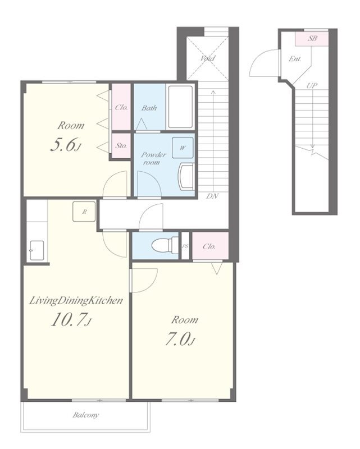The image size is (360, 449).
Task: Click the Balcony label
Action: pos(85,415)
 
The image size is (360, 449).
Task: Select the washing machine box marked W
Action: pos(183,148)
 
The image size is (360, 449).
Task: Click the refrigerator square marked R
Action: pos(84,212)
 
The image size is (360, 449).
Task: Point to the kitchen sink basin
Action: pos(37,250)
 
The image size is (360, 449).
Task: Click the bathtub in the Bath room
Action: pos(180,107)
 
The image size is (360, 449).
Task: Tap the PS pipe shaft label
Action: pos(185,246)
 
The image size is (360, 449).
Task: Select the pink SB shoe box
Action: pos(312,38)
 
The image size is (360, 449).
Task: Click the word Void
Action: pos(207,58)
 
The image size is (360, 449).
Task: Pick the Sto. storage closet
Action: pos(121,145)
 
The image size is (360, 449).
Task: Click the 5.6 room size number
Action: pos(65,144)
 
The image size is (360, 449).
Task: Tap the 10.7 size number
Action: pos(71,319)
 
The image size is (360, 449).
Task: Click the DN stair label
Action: pos(212,196)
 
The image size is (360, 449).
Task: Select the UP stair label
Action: pos(312,85)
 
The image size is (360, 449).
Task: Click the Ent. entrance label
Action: pos(295,59)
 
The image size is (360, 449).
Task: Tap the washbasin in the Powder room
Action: pos(186,177)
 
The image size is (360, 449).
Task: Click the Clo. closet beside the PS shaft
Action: pos(210,246)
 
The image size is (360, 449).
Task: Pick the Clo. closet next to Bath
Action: pos(121,107)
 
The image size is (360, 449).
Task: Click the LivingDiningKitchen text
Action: pos(76,300)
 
